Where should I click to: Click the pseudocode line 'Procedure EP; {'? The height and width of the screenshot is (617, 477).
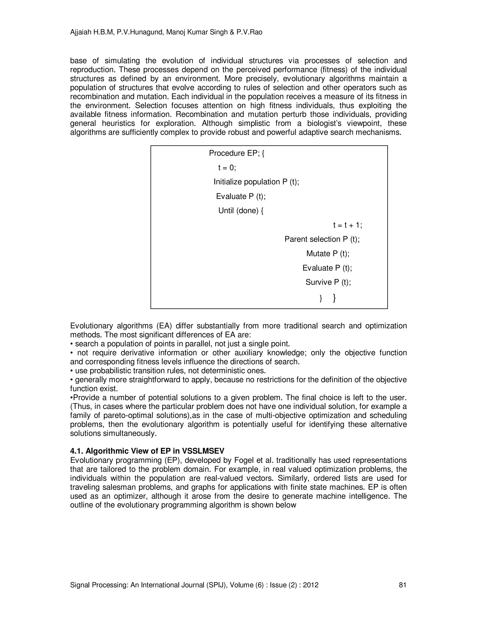click(x=237, y=153)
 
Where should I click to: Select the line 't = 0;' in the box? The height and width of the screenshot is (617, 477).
click(x=227, y=168)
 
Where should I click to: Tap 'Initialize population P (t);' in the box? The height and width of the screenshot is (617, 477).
click(x=256, y=182)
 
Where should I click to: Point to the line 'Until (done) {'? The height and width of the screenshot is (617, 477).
click(x=241, y=211)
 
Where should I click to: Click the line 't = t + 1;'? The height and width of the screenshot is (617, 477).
click(x=347, y=225)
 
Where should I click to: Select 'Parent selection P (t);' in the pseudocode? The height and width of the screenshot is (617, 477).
click(x=322, y=239)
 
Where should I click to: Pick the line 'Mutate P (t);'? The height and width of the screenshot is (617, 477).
click(x=328, y=254)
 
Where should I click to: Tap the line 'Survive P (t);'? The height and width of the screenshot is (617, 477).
click(x=328, y=282)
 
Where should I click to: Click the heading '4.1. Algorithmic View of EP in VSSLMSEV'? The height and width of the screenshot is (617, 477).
click(x=147, y=451)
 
